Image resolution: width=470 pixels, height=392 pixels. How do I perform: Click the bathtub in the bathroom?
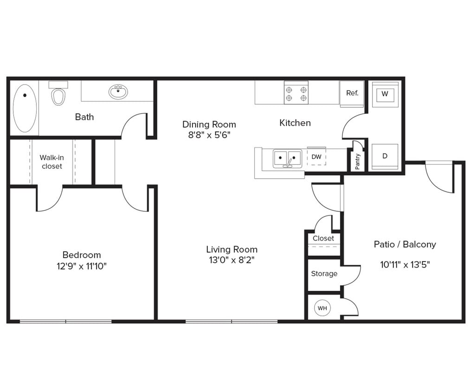point(25,108)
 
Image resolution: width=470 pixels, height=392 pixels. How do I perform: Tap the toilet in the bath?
point(58,95)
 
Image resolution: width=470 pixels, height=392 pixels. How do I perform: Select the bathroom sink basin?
point(118,91)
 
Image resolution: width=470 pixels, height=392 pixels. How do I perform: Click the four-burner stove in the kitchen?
point(296,92)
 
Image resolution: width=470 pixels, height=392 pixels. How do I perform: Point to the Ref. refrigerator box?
point(352,93)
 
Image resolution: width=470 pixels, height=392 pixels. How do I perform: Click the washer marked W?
point(385,94)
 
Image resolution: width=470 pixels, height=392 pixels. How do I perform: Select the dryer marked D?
point(385,157)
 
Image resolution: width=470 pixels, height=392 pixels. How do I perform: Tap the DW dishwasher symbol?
point(316,157)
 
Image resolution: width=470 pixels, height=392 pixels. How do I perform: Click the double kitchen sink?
point(287,158)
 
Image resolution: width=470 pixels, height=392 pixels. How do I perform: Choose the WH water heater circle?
point(322,307)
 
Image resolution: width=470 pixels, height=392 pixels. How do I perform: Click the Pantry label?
point(357,162)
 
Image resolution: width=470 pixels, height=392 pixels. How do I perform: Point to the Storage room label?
point(324,274)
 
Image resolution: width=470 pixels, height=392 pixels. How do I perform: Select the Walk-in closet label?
point(52,162)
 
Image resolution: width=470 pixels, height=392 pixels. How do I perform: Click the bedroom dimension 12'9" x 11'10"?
point(82,266)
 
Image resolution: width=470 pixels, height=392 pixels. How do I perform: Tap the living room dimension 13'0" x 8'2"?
point(232,260)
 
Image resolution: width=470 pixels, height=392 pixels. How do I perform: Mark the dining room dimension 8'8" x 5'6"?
point(209,135)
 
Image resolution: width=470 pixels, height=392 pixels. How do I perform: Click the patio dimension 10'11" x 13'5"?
point(405,265)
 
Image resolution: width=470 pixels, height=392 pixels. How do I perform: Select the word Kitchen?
point(295,123)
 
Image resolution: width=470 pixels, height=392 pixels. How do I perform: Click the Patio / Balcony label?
point(405,244)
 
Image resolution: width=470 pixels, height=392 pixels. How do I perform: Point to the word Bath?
point(84,117)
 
